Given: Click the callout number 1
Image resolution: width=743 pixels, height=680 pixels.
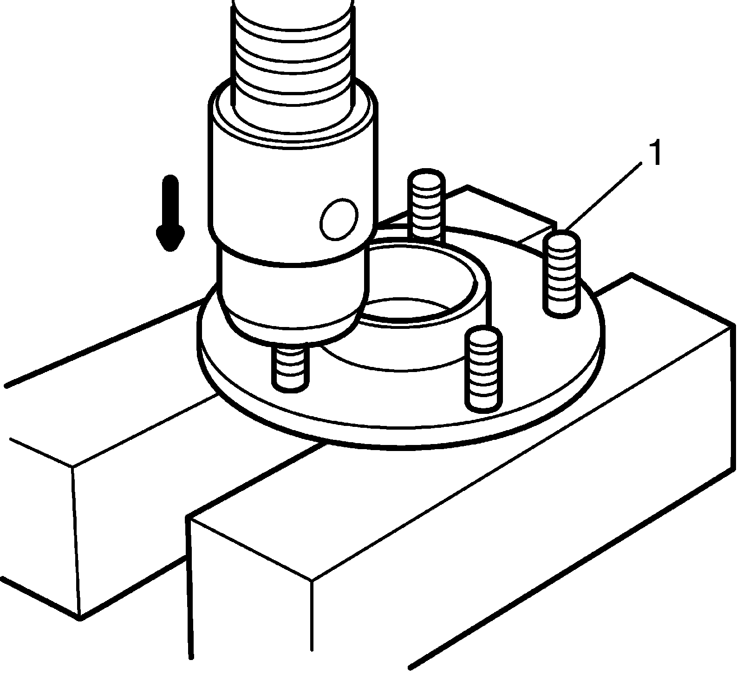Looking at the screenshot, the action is click(654, 154).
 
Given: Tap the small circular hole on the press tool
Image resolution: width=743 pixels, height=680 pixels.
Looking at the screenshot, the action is click(339, 219).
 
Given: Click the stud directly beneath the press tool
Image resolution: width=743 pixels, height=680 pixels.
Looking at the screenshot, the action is click(291, 369).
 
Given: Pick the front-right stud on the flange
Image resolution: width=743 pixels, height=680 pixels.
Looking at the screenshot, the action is click(484, 369).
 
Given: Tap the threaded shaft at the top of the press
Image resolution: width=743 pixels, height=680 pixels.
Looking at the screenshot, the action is click(292, 51).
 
